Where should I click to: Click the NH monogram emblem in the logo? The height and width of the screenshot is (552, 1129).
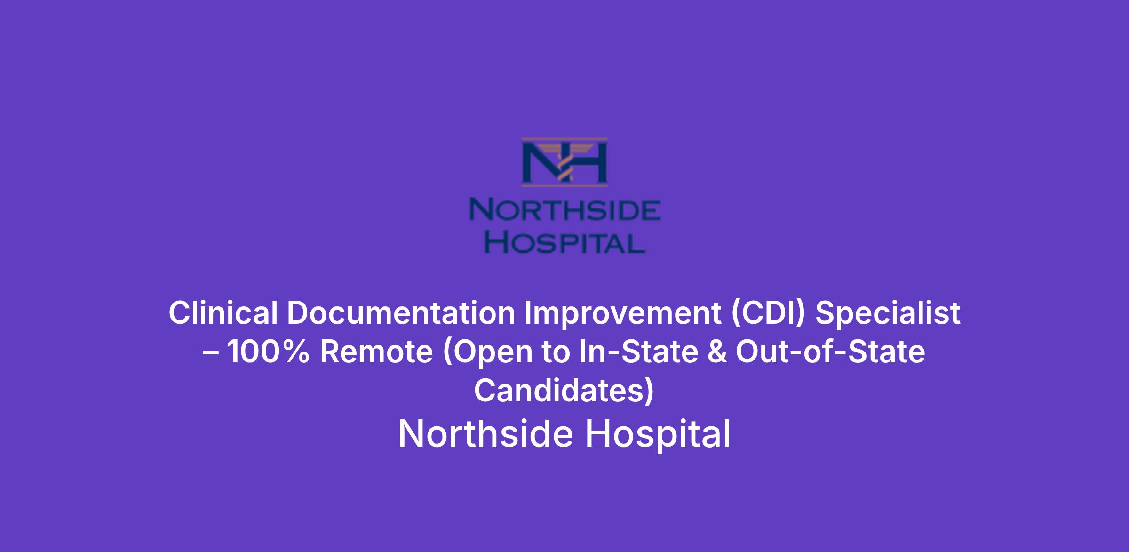(x=564, y=162)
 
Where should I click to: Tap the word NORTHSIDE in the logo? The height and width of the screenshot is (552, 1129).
(x=565, y=210)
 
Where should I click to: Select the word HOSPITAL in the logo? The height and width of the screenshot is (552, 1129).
(x=564, y=243)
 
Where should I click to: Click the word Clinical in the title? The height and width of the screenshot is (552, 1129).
(x=223, y=312)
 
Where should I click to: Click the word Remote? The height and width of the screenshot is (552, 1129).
(x=376, y=352)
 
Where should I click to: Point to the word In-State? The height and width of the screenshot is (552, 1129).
(x=638, y=352)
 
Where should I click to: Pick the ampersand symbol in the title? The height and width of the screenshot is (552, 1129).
(x=717, y=352)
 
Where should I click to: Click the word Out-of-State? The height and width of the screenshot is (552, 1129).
(x=831, y=352)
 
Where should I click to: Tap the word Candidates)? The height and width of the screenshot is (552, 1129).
(x=564, y=392)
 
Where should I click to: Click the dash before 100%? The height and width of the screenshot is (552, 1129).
(x=211, y=353)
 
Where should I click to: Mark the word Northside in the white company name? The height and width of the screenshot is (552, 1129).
(x=485, y=434)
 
